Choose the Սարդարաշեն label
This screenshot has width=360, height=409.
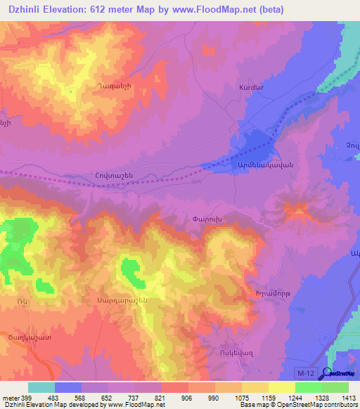tap(117, 299)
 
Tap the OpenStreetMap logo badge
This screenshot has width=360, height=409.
tap(338, 373)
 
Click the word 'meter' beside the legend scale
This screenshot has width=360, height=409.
tap(10, 397)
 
